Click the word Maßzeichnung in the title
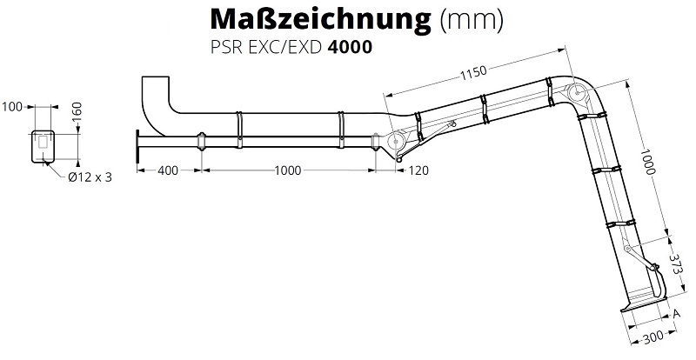[x=320, y=20]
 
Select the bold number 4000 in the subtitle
[x=350, y=47]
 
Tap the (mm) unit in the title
[x=472, y=20]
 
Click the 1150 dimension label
[x=473, y=72]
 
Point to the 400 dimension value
[x=168, y=170]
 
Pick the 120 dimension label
[x=418, y=170]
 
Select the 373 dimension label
[x=676, y=264]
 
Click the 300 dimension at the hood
[x=653, y=337]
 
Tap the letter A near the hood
[x=677, y=314]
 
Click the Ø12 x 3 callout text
[x=90, y=177]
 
